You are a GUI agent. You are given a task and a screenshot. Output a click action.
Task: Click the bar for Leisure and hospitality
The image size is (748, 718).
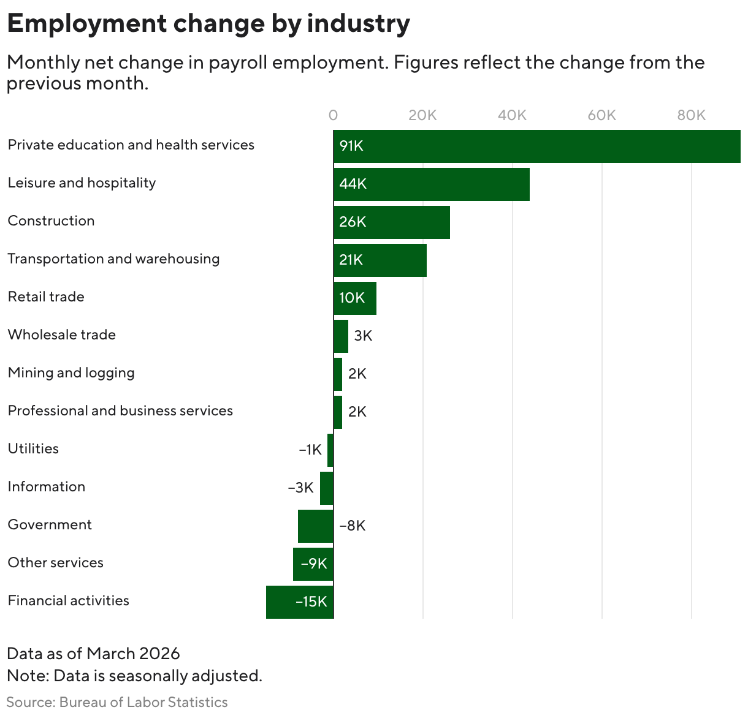[x=431, y=184]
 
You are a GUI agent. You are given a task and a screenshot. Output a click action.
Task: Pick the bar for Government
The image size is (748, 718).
[x=316, y=526]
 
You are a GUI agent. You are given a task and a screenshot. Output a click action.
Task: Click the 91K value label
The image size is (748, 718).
[x=351, y=146]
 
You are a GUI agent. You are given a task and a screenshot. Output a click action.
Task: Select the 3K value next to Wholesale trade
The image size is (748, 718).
[x=363, y=336]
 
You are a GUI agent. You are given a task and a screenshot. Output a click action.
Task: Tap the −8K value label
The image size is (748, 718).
[x=353, y=526]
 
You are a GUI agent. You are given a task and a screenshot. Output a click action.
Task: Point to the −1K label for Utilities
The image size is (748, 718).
[x=310, y=450]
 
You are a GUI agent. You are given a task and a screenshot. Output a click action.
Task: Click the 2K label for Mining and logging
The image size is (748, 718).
[x=357, y=374]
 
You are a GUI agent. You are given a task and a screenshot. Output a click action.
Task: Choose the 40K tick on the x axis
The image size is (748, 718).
[x=512, y=115]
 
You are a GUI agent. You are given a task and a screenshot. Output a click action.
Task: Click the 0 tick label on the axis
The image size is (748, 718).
[x=333, y=115]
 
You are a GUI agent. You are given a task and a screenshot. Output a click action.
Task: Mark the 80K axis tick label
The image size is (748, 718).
[x=691, y=115]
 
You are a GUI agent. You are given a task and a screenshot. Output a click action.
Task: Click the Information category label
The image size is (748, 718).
[x=47, y=486]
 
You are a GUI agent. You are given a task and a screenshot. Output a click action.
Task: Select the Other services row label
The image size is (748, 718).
[x=56, y=562]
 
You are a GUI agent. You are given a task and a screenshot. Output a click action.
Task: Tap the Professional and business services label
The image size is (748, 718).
[x=120, y=410]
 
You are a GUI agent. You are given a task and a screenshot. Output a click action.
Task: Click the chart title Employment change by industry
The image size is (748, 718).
[x=208, y=23]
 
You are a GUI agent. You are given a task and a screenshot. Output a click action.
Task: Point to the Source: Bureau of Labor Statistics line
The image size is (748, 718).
[x=117, y=702]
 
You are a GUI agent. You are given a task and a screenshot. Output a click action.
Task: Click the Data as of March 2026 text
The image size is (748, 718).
[x=93, y=653]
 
